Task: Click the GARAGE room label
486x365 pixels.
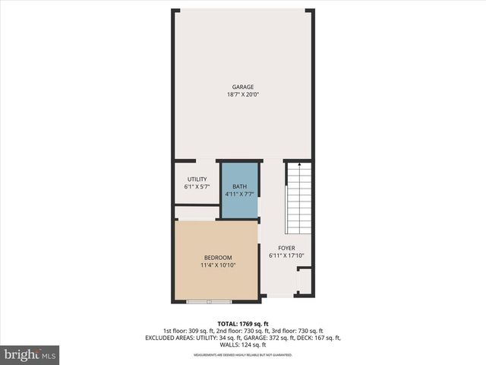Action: point(243,87)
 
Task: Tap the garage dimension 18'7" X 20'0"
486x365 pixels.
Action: point(243,95)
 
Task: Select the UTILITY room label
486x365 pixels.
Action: point(196,179)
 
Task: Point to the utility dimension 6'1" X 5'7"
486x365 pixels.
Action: point(196,187)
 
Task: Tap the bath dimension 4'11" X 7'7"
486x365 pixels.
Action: point(240,195)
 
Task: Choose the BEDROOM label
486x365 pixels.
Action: point(217,258)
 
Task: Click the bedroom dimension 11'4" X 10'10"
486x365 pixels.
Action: point(217,266)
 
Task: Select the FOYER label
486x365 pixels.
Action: point(286,248)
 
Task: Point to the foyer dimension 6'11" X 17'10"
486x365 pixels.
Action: point(286,255)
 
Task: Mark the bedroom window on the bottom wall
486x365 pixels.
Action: point(210,302)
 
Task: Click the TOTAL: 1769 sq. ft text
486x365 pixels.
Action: point(243,323)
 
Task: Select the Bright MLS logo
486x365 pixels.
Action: point(30,354)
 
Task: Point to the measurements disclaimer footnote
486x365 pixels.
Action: point(242,355)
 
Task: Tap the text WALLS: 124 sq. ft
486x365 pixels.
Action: point(243,345)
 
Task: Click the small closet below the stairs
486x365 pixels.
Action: point(304,284)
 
